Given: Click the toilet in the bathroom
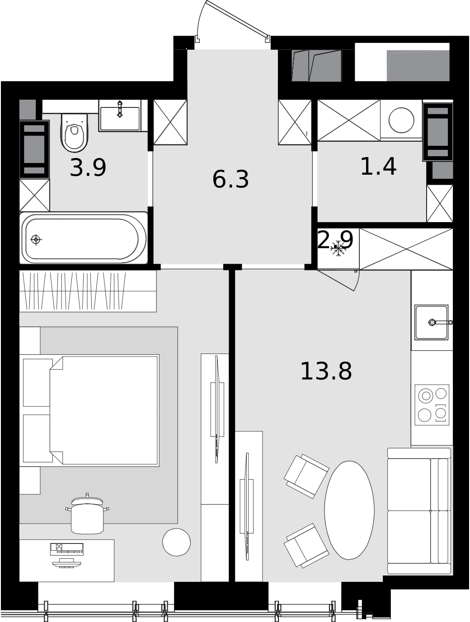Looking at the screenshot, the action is point(74,133).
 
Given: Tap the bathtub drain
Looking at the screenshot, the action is point(36,239).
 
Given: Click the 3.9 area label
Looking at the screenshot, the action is point(88,168).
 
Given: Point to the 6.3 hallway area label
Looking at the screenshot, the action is point(230,179).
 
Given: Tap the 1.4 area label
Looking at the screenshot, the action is point(378,167).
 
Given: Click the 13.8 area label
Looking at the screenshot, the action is point(326,371).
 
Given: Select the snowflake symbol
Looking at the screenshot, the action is point(338,249).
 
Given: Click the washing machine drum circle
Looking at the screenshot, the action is point(401,120).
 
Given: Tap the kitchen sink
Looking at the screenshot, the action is point(431,322).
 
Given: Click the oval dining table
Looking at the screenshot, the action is point(349,510).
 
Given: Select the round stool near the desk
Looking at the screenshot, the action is point(176,542).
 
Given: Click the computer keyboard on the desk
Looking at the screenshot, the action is point(67,549).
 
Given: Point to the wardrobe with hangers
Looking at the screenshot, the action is point(88,291).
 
